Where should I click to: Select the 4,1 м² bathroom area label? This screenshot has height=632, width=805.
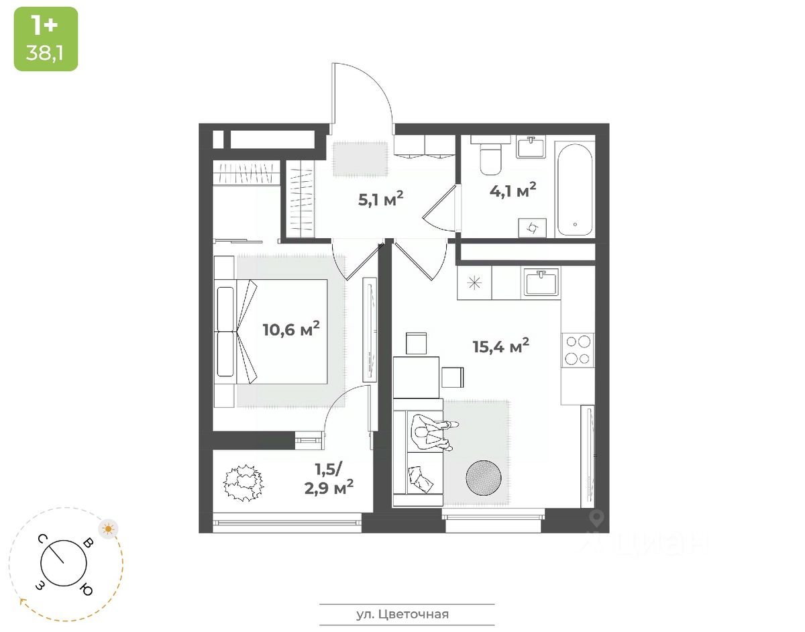(x=513, y=191)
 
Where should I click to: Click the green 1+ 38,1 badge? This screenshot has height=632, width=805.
(x=46, y=38)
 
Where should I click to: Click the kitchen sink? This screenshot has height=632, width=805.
(x=542, y=282)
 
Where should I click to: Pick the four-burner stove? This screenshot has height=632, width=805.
(x=578, y=349)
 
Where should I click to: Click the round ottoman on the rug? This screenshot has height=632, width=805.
(x=483, y=477)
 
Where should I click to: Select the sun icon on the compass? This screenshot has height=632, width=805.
(x=108, y=529)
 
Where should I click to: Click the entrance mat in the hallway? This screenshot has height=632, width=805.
(x=361, y=158)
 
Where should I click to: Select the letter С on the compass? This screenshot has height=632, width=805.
(x=42, y=539)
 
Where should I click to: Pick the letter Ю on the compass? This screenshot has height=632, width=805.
(x=86, y=590)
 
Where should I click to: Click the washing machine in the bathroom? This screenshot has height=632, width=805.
(x=531, y=227)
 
